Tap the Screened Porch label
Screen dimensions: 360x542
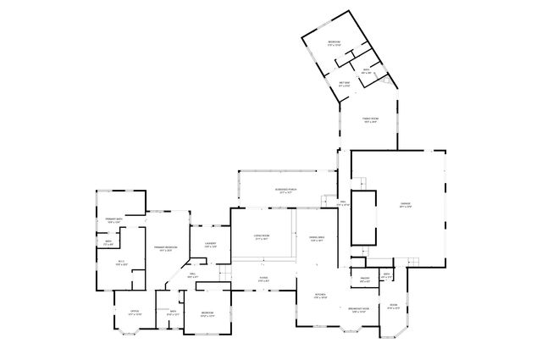285,191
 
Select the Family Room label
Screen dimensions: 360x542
370,120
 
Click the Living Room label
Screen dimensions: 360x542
261,238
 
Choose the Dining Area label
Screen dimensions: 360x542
318,239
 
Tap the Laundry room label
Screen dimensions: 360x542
211,246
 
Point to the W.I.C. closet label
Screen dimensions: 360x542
121,263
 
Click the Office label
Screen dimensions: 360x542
135,313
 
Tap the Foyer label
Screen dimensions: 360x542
263,278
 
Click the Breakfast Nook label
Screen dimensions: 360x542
359,310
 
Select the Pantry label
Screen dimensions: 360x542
365,280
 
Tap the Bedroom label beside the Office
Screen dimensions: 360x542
207,313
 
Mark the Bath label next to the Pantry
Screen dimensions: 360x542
386,274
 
